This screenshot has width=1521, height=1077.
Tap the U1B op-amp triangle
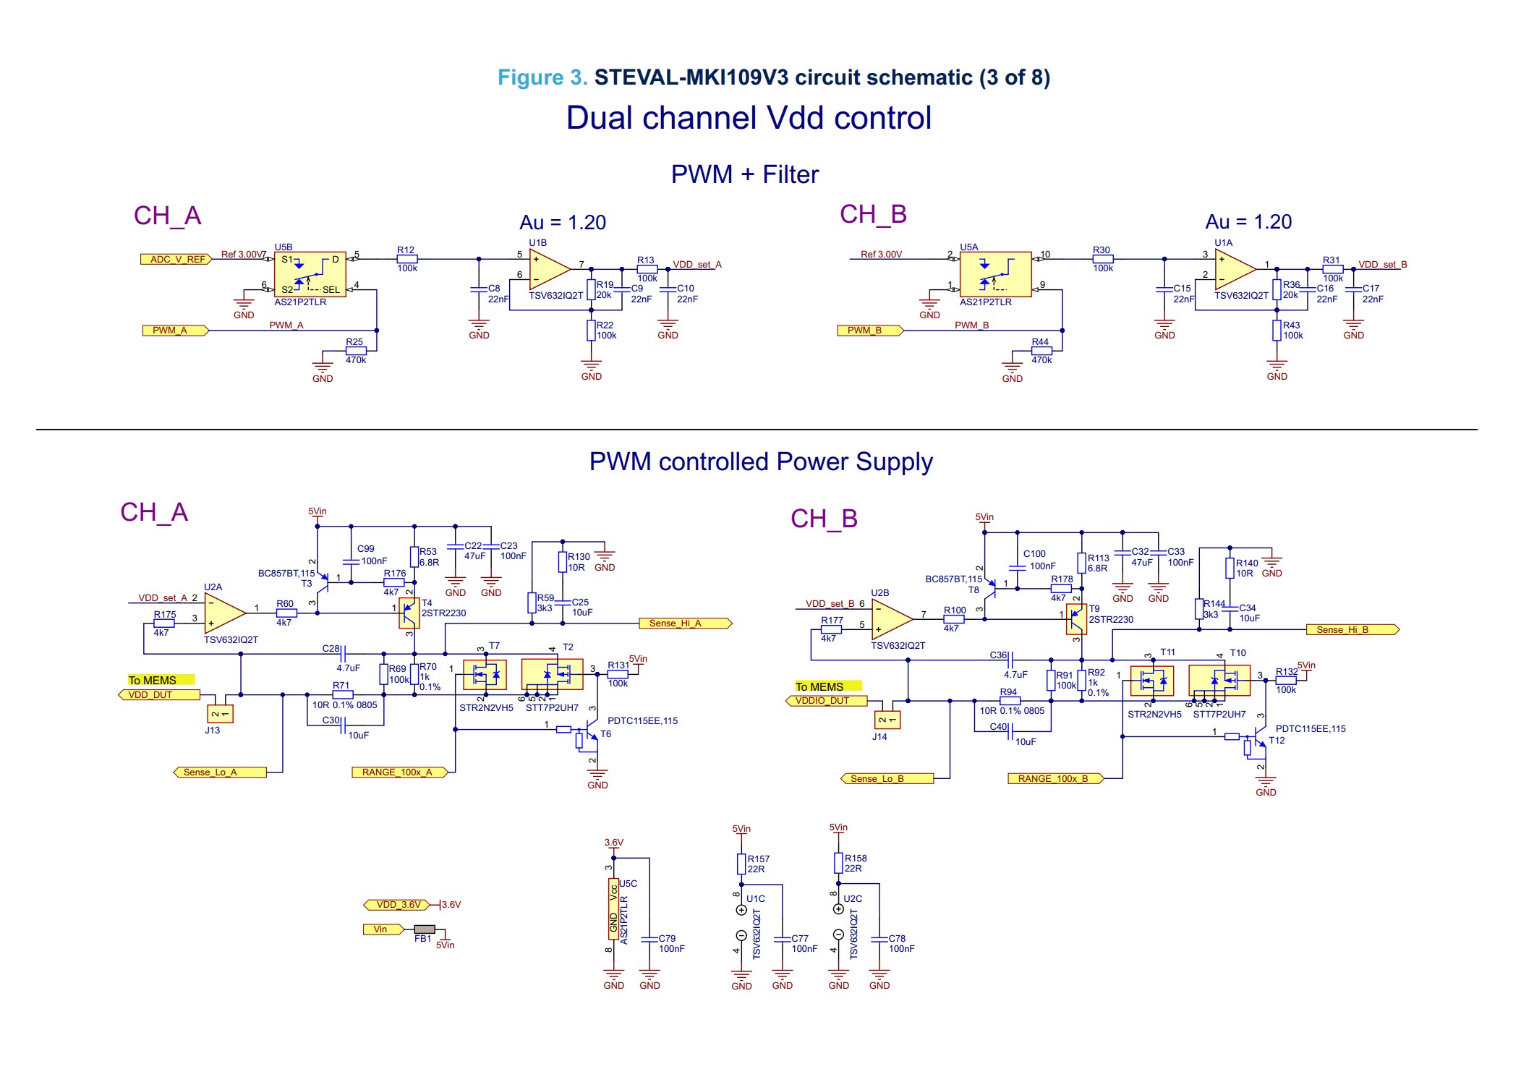(548, 270)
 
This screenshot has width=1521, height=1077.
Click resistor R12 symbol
(407, 259)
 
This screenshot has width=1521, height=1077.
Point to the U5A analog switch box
(995, 274)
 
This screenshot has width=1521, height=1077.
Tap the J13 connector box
(220, 714)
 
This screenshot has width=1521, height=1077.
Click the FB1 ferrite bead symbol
(425, 929)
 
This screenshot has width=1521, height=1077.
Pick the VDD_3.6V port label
(397, 905)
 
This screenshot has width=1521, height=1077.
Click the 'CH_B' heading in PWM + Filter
(872, 214)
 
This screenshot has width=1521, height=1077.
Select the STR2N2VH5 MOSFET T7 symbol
(485, 675)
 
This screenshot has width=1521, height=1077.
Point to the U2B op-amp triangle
(891, 619)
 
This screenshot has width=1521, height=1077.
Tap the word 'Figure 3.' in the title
(542, 77)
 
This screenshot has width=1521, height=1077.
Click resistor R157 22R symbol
(741, 864)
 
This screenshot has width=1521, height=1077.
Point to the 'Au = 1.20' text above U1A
(1248, 221)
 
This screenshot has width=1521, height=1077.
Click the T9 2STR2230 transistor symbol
(1076, 620)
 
